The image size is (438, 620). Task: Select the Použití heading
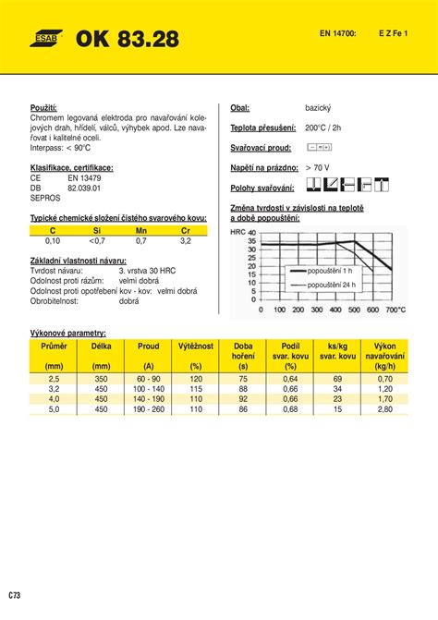tap(44, 108)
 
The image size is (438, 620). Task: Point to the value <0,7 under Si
tap(97, 240)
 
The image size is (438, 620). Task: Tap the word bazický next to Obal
tap(319, 108)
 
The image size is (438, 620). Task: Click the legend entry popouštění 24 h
tap(332, 286)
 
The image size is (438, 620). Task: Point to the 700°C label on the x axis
tap(394, 310)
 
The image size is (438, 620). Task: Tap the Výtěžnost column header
tap(196, 346)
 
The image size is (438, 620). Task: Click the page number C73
tap(16, 594)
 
